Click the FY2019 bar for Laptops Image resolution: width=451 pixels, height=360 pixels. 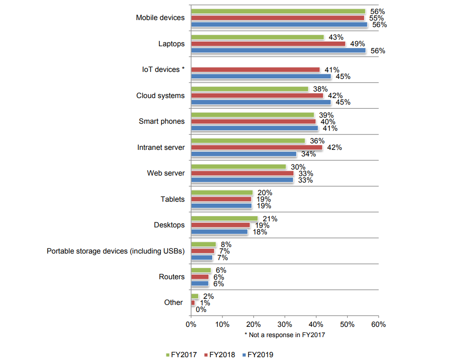pyautogui.click(x=278, y=50)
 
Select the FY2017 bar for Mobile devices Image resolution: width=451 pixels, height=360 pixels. pyautogui.click(x=278, y=11)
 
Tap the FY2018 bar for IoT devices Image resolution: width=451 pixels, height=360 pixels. pyautogui.click(x=255, y=70)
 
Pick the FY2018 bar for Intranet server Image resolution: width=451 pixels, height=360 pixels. pyautogui.click(x=257, y=148)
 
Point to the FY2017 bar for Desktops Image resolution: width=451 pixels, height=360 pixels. pyautogui.click(x=224, y=219)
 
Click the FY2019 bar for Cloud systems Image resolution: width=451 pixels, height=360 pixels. pyautogui.click(x=261, y=102)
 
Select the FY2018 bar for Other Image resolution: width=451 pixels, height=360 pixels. pyautogui.click(x=193, y=303)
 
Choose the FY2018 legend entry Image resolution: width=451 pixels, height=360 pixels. pyautogui.click(x=220, y=354)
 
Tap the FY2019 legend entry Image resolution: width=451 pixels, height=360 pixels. pyautogui.click(x=258, y=354)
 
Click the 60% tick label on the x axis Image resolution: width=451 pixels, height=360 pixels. pyautogui.click(x=379, y=324)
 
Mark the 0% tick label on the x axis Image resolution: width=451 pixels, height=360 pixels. pyautogui.click(x=191, y=324)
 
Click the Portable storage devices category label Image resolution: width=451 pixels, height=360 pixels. pyautogui.click(x=116, y=251)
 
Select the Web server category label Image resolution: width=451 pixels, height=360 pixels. pyautogui.click(x=166, y=173)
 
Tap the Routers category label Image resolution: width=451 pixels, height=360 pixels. pyautogui.click(x=172, y=277)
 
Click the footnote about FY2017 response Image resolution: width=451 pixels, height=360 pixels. pyautogui.click(x=284, y=335)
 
